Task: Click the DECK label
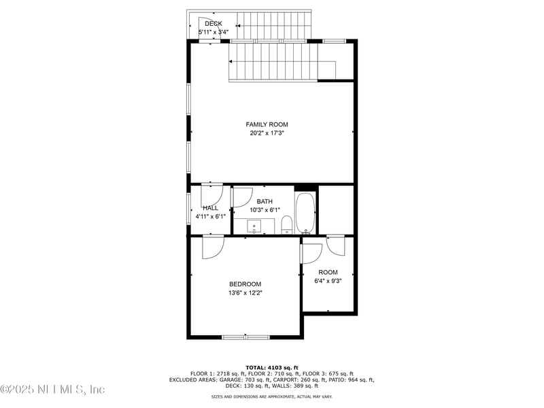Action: click(213, 24)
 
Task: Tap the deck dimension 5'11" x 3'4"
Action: click(213, 32)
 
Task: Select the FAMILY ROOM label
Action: click(267, 124)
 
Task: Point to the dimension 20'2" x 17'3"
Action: click(267, 133)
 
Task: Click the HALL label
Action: click(210, 208)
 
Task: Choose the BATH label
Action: click(265, 201)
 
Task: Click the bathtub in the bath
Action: click(305, 214)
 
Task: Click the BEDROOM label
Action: click(245, 284)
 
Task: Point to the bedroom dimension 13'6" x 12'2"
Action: click(245, 293)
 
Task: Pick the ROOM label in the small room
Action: click(328, 272)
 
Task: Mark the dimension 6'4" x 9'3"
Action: click(328, 281)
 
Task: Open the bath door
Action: click(241, 197)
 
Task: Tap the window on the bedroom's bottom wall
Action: click(245, 337)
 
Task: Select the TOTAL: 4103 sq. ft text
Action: click(272, 367)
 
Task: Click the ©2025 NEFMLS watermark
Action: click(52, 390)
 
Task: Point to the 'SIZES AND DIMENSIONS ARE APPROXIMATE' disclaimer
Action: click(272, 396)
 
